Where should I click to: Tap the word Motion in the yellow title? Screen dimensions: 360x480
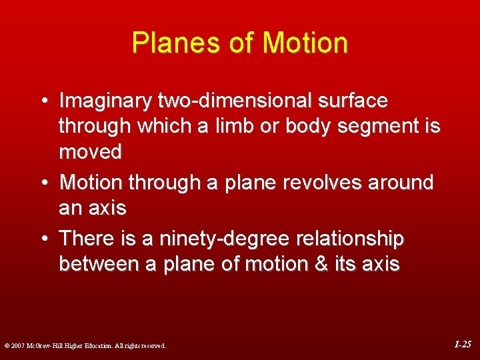[x=305, y=43]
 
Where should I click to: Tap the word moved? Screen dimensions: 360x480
[x=91, y=153]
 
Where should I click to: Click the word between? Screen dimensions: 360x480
[x=99, y=264]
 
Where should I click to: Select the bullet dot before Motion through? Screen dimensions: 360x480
[x=43, y=183]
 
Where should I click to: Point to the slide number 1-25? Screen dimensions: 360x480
[x=463, y=345]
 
